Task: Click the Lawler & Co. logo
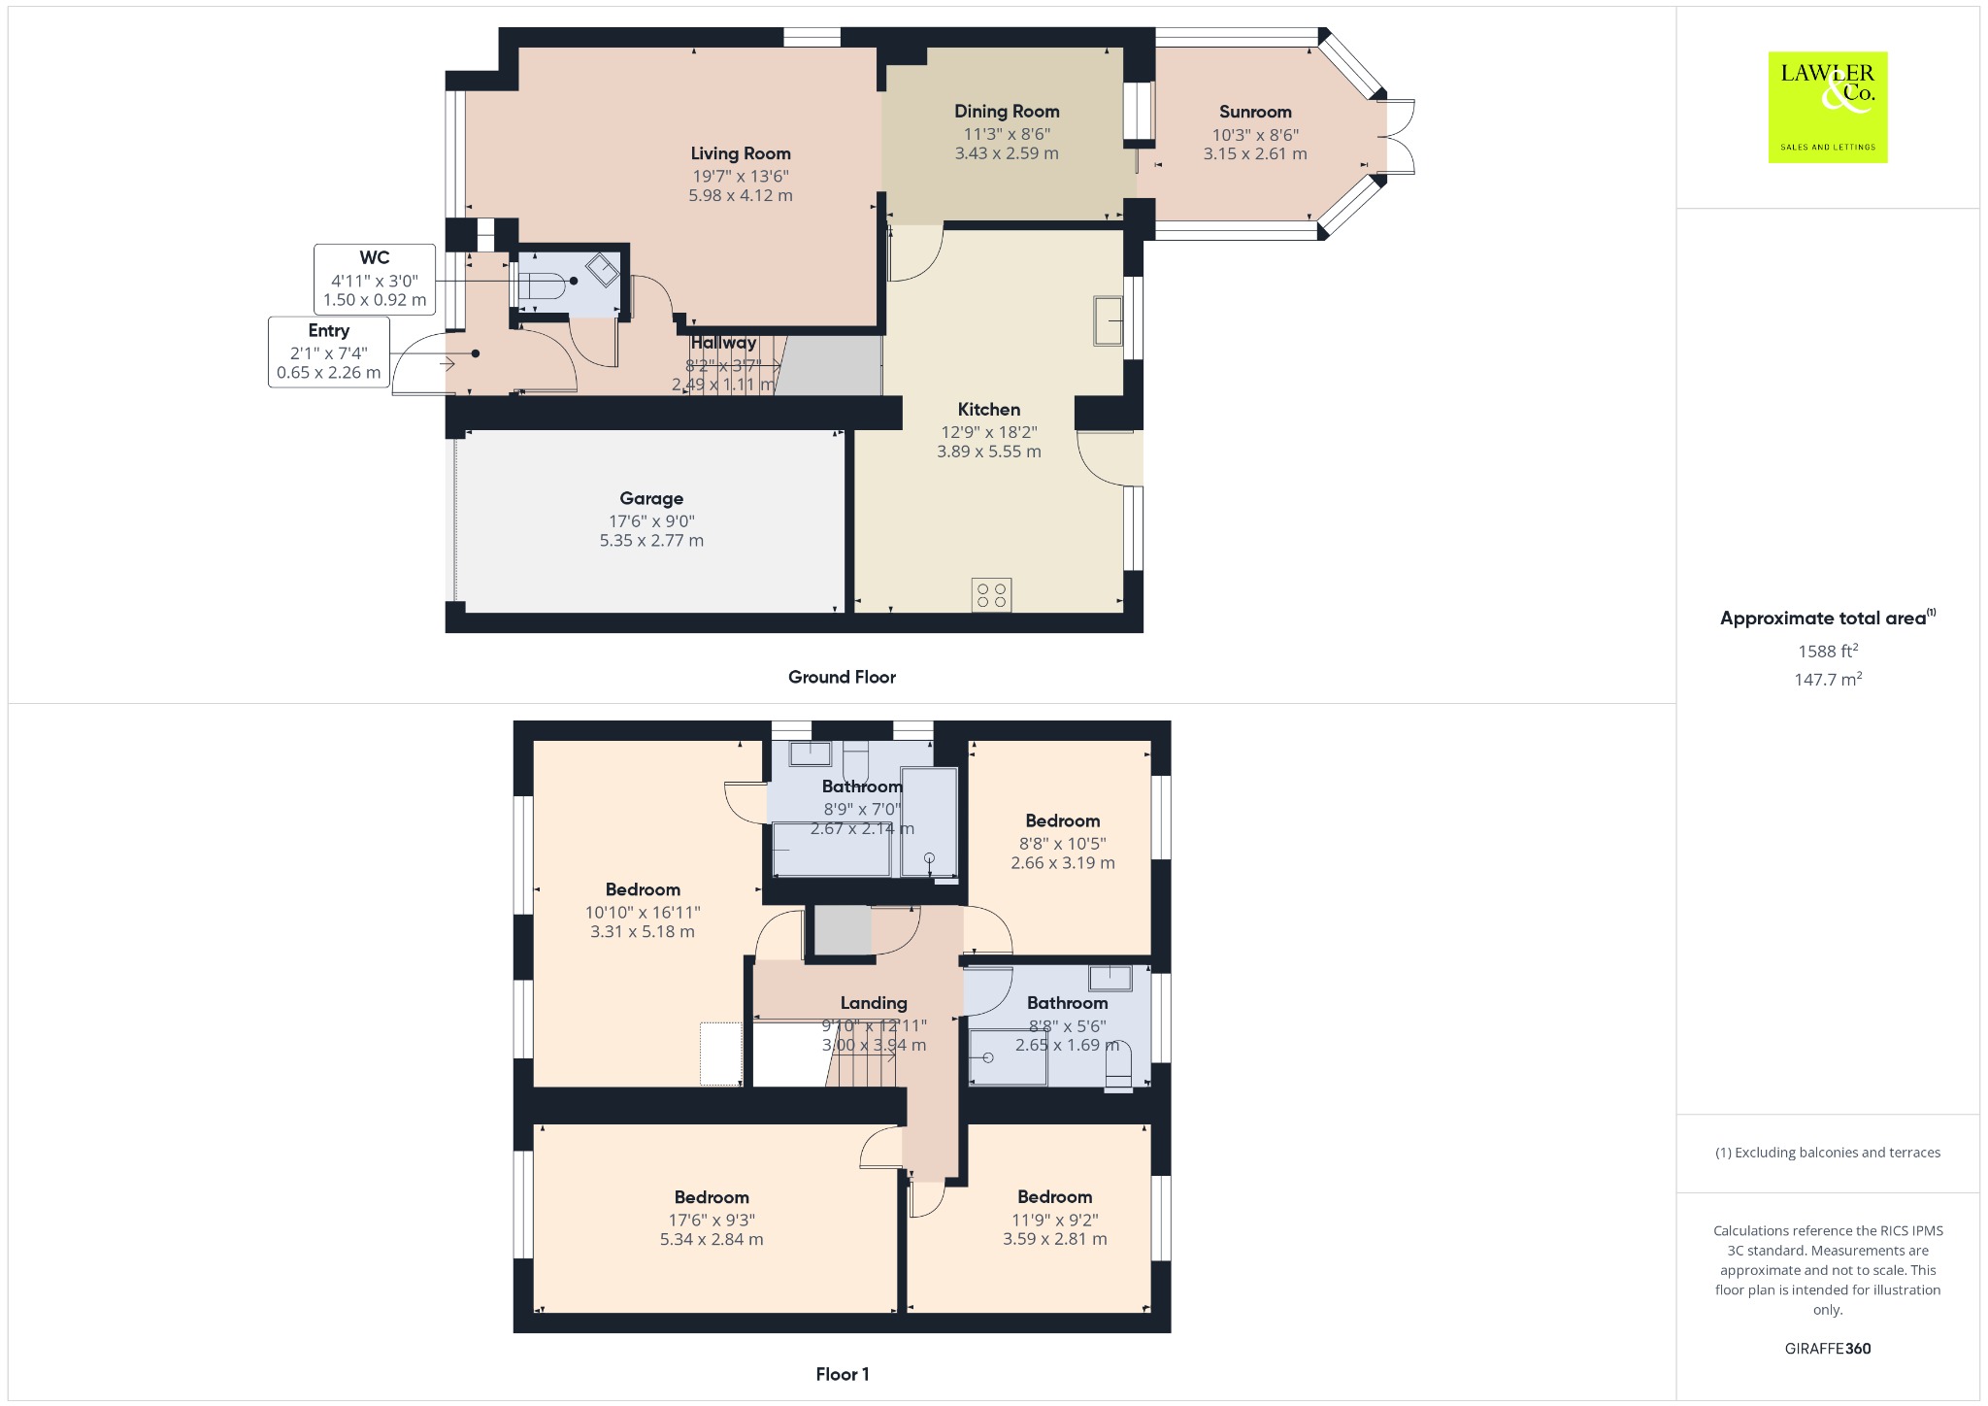(1828, 107)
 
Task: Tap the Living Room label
(741, 153)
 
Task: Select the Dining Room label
(1007, 112)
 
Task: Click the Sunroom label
(1255, 112)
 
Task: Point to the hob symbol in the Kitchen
(992, 595)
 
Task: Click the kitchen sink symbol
(1109, 319)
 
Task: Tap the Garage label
(651, 499)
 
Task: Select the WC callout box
(375, 279)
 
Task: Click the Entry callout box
(329, 352)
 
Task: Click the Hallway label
(723, 343)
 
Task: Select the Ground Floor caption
(842, 678)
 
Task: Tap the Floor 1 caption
(843, 1374)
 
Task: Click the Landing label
(874, 1003)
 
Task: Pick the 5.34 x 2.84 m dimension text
(712, 1240)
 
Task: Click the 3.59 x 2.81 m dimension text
(1055, 1240)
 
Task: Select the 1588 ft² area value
(1828, 651)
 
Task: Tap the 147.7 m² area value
(1828, 679)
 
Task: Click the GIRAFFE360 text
(1828, 1349)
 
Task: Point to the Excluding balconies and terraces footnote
(1828, 1153)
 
